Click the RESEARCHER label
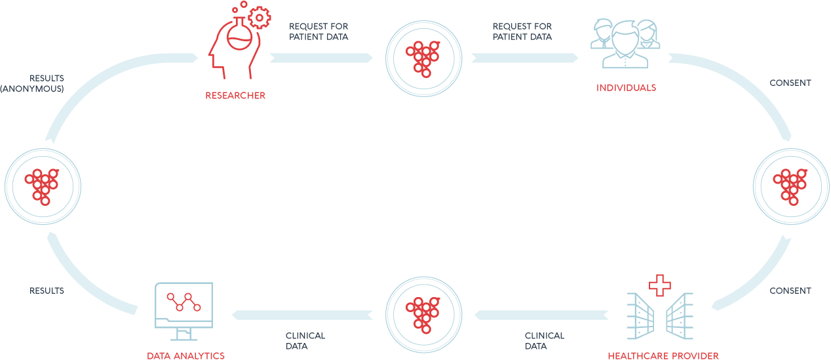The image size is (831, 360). point(235,96)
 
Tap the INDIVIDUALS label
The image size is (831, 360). point(626,88)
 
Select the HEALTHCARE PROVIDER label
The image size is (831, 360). point(663,355)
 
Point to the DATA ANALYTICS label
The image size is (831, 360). point(185,355)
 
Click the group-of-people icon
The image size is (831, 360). point(625,43)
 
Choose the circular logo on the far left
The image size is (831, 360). point(43,185)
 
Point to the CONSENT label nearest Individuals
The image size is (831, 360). point(790,83)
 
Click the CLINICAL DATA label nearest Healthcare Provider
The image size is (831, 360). point(544,340)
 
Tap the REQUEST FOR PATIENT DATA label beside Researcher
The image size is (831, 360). point(319,31)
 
